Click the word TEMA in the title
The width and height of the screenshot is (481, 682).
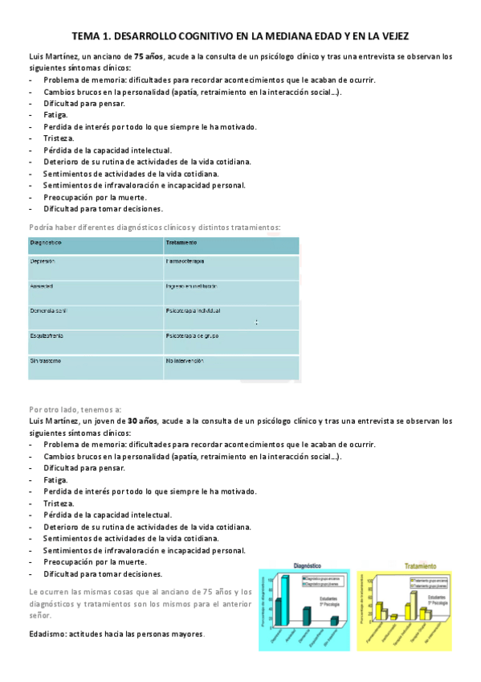(85, 36)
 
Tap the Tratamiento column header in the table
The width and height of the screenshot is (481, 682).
(182, 243)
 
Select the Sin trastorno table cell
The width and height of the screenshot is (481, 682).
(46, 360)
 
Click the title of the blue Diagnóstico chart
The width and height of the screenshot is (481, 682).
(308, 566)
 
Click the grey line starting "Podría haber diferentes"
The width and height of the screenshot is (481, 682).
(154, 227)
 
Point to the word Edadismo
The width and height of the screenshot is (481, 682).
(47, 634)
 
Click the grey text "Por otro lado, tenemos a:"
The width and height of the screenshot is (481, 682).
(75, 409)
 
